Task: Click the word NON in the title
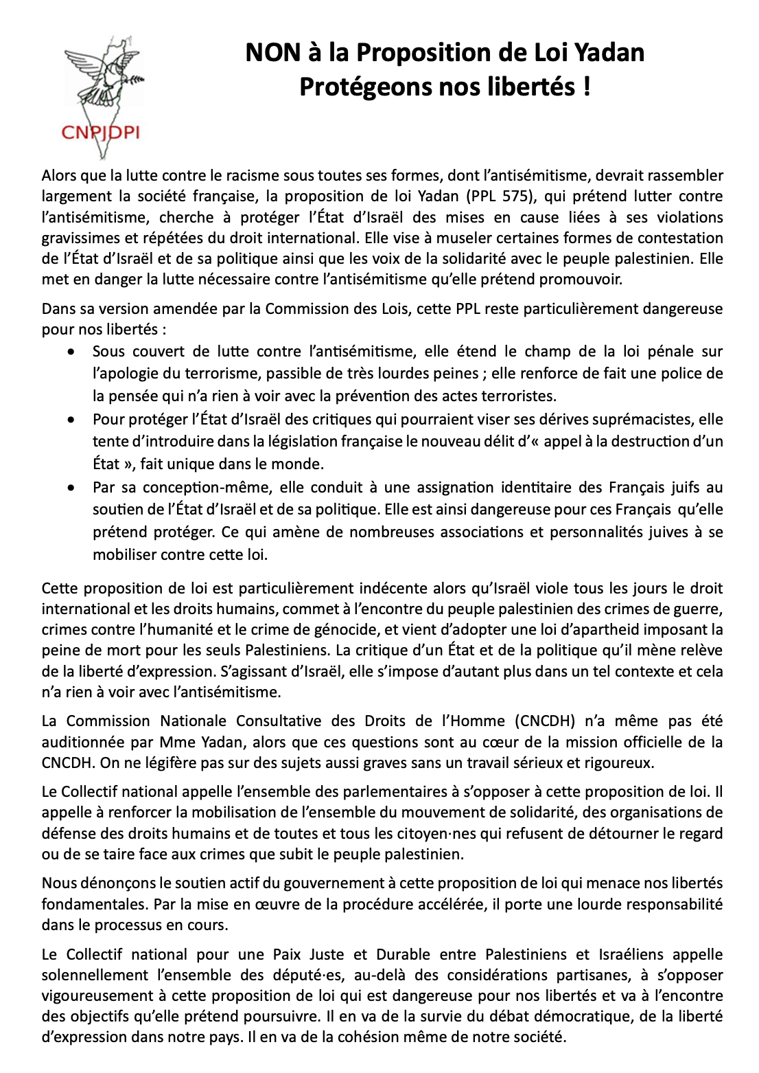tap(273, 53)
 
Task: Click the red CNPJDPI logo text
tap(100, 133)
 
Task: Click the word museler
tap(485, 238)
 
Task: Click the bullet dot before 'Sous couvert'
tap(71, 352)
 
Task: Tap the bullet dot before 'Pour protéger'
tap(71, 420)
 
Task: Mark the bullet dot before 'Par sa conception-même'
tap(71, 488)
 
